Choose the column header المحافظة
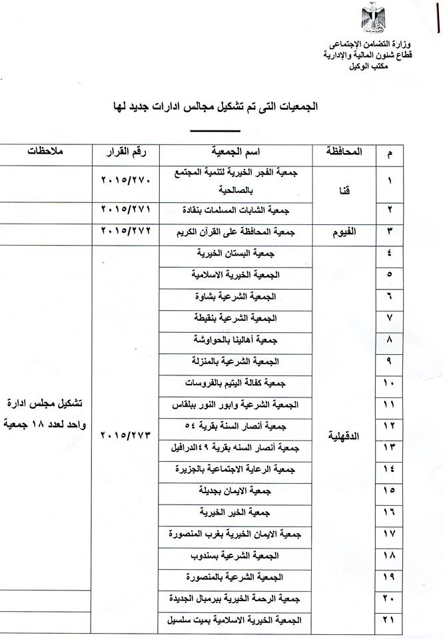(345, 152)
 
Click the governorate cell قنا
(346, 189)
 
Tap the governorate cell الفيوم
(346, 232)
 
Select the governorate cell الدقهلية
(346, 435)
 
